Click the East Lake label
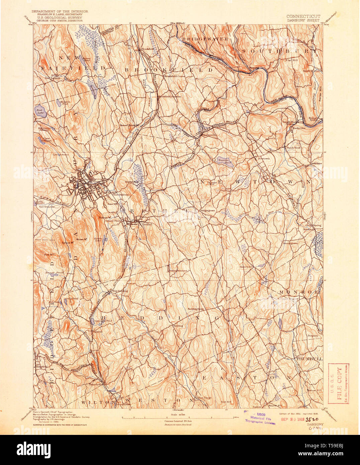click(x=40, y=111)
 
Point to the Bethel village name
click(x=147, y=224)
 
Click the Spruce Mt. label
click(x=68, y=243)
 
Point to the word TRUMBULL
click(x=309, y=359)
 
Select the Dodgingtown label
click(x=207, y=211)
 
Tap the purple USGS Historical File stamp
click(x=261, y=418)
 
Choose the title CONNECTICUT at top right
click(x=303, y=16)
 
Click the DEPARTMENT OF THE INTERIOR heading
click(x=60, y=11)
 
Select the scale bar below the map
click(x=177, y=417)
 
